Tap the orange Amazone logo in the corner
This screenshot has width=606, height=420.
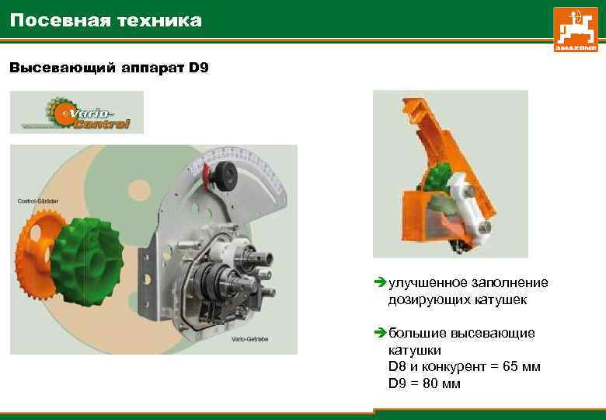point(576,30)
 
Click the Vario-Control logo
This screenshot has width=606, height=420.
point(77,113)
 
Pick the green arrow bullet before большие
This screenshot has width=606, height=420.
point(379,334)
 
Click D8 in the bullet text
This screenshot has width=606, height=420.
point(397,366)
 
